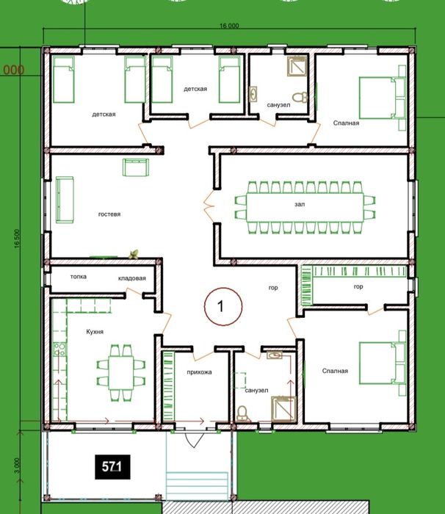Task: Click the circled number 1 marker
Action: tap(223, 306)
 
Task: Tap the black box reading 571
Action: tap(112, 467)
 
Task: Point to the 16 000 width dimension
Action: tap(229, 26)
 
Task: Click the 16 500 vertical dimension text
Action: tap(18, 239)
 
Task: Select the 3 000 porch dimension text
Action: tap(18, 466)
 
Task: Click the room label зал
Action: tap(300, 204)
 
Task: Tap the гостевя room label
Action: tap(109, 214)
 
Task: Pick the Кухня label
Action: tap(95, 332)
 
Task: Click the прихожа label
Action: tap(199, 372)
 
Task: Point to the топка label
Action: tap(79, 277)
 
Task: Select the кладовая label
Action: tap(132, 278)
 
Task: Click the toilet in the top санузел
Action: tap(300, 97)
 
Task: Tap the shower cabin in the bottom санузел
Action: tap(283, 408)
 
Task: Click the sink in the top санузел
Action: tap(253, 94)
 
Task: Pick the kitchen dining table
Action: tap(121, 373)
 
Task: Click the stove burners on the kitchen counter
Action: tap(59, 350)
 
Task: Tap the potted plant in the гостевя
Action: tap(134, 254)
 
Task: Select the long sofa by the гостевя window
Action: tap(65, 200)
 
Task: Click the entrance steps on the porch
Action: tap(197, 486)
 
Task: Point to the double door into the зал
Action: tap(209, 206)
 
